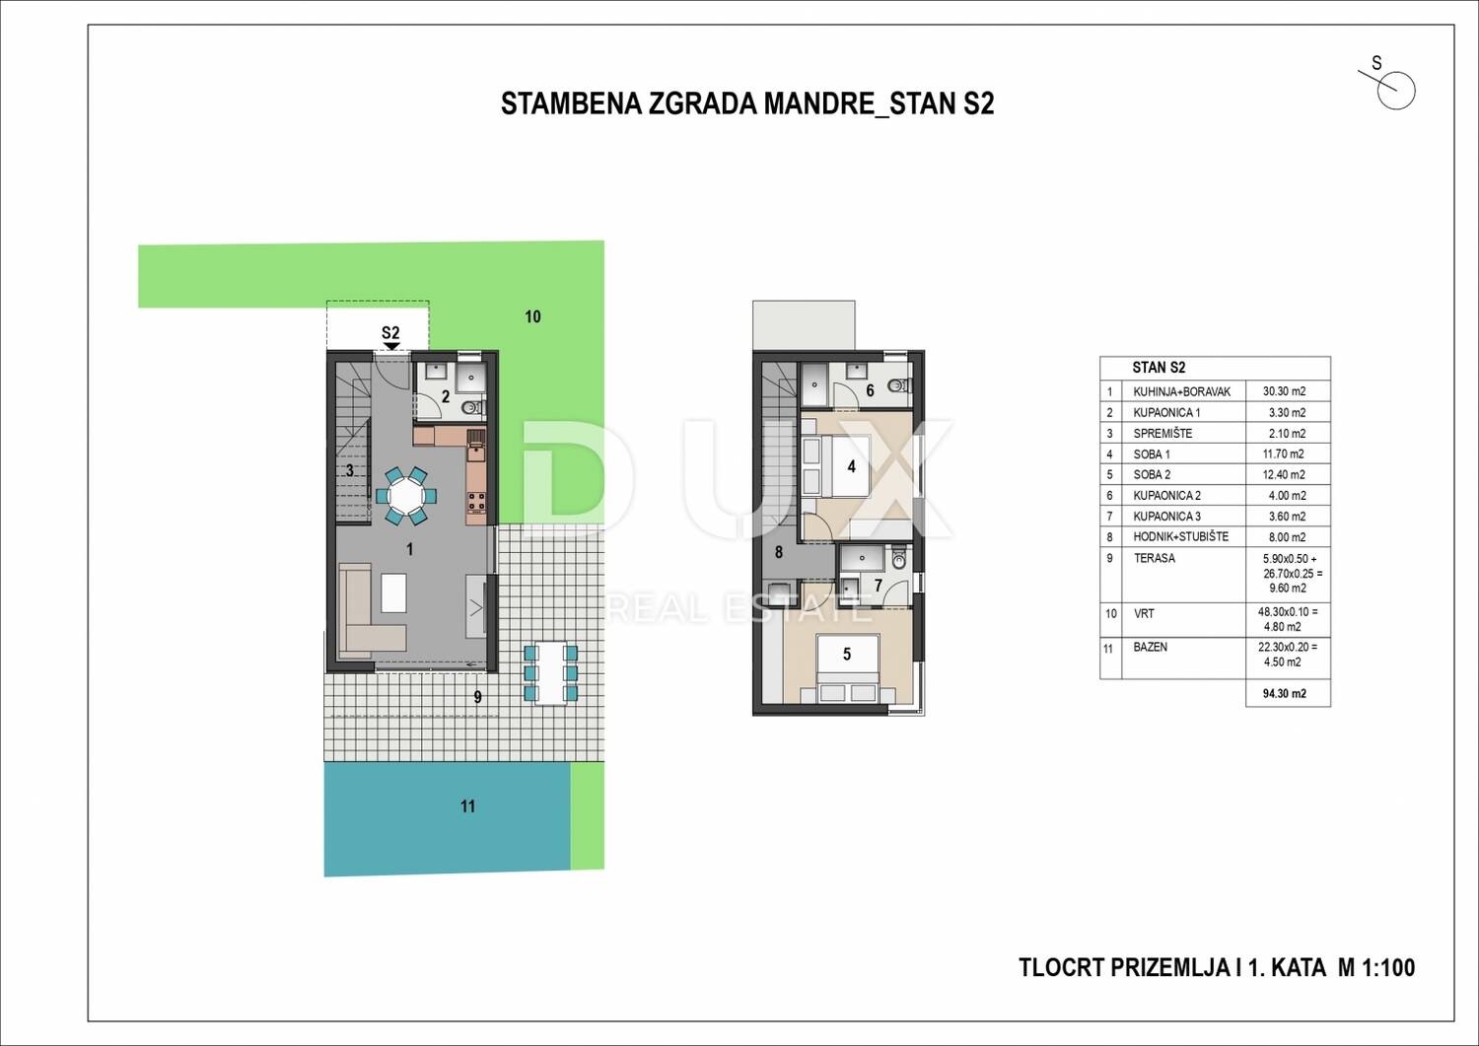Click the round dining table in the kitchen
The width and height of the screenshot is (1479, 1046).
click(x=405, y=495)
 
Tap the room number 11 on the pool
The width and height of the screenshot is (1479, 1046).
click(x=467, y=806)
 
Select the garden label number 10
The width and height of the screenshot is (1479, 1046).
click(x=532, y=317)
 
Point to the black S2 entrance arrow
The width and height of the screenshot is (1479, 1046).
click(x=391, y=346)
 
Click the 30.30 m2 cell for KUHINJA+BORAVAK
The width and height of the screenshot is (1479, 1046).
click(x=1284, y=391)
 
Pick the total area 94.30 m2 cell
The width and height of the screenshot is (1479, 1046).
click(x=1284, y=693)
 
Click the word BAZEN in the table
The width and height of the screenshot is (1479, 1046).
click(x=1151, y=647)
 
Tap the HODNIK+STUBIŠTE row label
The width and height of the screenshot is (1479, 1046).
click(x=1180, y=537)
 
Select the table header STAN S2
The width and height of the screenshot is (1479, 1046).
click(x=1159, y=368)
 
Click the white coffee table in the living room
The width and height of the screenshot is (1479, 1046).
click(x=393, y=593)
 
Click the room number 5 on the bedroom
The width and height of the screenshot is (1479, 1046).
click(x=847, y=655)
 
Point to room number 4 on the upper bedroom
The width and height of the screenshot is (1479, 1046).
click(x=851, y=467)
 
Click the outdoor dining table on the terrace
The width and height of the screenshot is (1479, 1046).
click(x=550, y=673)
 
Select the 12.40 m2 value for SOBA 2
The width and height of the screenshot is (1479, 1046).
click(x=1284, y=475)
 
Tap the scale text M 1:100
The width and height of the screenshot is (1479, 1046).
click(x=1376, y=968)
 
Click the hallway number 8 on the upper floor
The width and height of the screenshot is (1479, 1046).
click(x=779, y=552)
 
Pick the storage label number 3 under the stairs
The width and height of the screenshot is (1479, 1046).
click(x=349, y=471)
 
